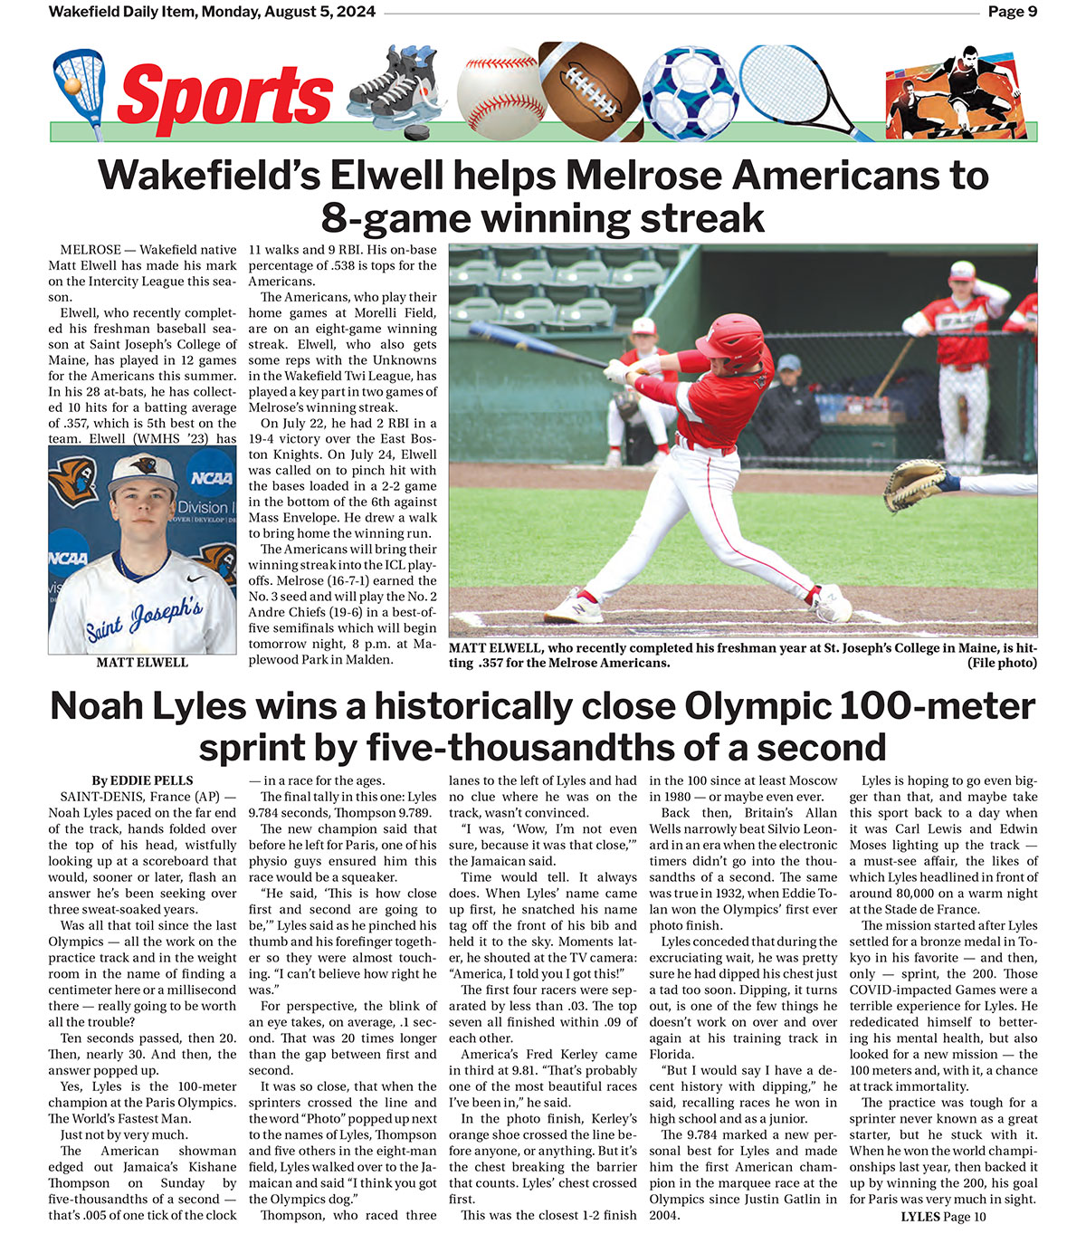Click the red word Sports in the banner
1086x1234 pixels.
(224, 96)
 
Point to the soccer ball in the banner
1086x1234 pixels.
(690, 93)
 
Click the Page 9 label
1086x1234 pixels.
(1012, 12)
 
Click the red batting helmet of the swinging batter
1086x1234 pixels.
(745, 337)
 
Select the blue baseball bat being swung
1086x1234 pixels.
(534, 344)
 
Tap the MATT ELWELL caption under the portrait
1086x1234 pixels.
(142, 663)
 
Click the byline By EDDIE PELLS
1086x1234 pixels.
(142, 780)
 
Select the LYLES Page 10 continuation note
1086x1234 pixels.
(943, 1217)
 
